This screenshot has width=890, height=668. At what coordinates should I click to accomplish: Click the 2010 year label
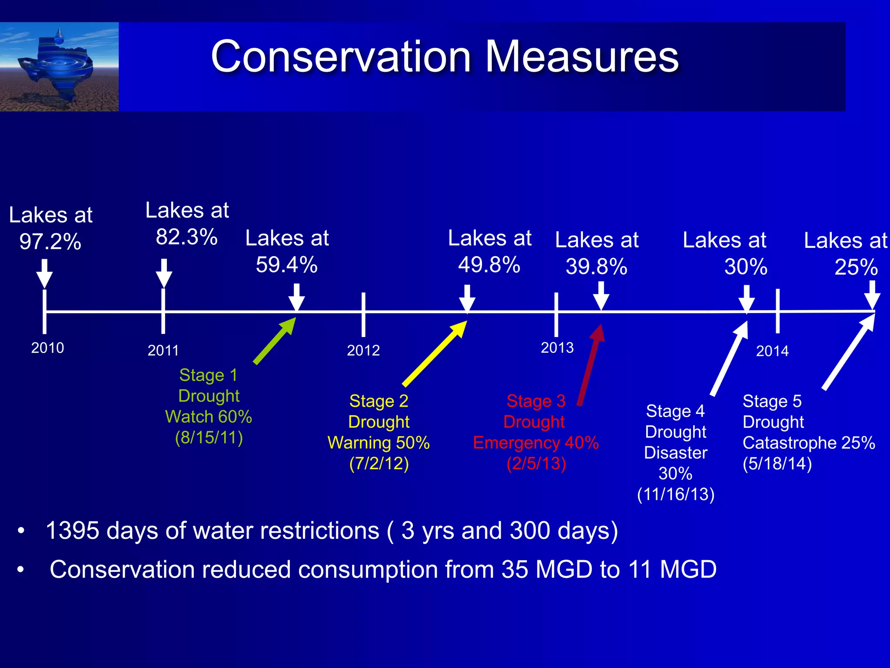47,348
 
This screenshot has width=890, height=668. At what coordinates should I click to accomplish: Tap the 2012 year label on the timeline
363,350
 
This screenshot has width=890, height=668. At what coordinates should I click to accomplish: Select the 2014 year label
772,351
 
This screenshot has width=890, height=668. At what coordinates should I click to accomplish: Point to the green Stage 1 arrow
275,341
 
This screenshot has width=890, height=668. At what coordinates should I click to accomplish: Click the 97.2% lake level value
50,242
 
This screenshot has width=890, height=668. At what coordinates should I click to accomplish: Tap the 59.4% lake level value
287,265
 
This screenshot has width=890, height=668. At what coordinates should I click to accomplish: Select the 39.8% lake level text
597,267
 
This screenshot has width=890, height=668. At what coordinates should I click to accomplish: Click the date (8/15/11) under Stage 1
209,438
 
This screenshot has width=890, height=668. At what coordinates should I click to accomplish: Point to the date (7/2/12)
379,464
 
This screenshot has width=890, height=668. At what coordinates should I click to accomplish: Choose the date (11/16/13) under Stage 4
676,494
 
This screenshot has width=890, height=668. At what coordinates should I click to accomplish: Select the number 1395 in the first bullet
72,531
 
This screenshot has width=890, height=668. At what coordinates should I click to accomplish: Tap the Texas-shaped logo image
59,67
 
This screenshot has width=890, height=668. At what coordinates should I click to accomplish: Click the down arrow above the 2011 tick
164,273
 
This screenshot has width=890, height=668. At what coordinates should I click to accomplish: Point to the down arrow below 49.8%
467,298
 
